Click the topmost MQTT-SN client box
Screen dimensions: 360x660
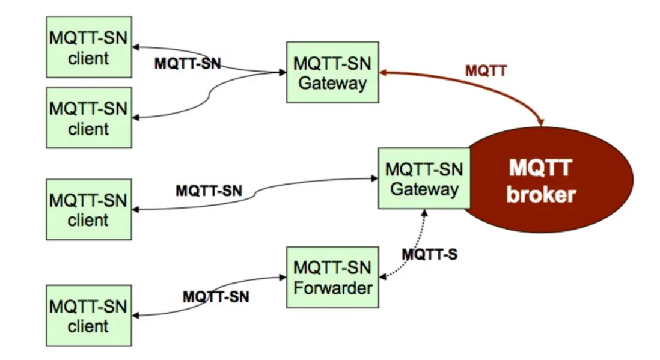click(89, 47)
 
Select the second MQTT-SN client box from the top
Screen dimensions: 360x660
click(89, 117)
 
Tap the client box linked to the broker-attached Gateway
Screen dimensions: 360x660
click(89, 209)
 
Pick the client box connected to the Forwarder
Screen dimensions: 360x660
click(89, 316)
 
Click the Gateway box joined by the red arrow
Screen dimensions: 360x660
click(332, 72)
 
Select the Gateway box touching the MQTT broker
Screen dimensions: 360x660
click(424, 178)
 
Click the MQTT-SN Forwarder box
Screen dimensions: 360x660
click(332, 277)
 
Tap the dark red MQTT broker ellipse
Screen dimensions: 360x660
click(559, 180)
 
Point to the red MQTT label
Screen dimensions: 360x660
click(486, 70)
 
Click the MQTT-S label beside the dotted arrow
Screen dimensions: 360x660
click(429, 254)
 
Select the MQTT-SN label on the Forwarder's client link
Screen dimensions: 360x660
click(216, 296)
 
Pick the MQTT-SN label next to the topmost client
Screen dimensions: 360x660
click(188, 63)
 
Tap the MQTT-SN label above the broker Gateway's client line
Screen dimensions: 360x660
click(209, 191)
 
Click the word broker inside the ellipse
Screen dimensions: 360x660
click(541, 194)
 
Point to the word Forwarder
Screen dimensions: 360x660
click(332, 287)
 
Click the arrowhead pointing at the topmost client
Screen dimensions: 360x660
click(136, 47)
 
